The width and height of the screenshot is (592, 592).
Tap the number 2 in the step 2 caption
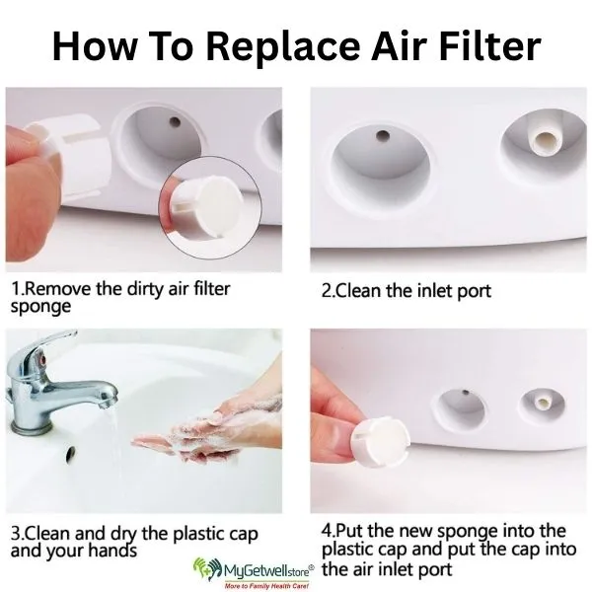[x=328, y=291]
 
